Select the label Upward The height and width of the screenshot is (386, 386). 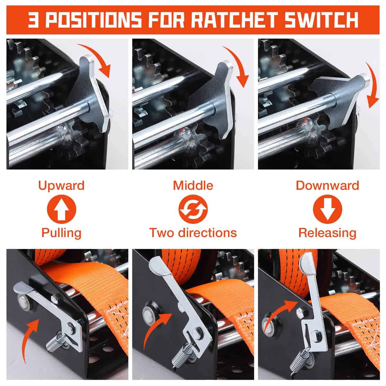point(61,186)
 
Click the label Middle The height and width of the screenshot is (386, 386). point(193,185)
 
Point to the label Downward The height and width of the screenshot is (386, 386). point(327,185)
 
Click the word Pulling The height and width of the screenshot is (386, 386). point(61,233)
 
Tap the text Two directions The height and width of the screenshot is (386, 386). point(193,233)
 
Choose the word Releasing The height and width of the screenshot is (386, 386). point(327,233)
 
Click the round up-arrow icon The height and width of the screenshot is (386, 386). point(61,209)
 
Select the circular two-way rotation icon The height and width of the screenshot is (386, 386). point(193,209)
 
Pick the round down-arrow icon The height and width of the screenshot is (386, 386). point(327,209)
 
